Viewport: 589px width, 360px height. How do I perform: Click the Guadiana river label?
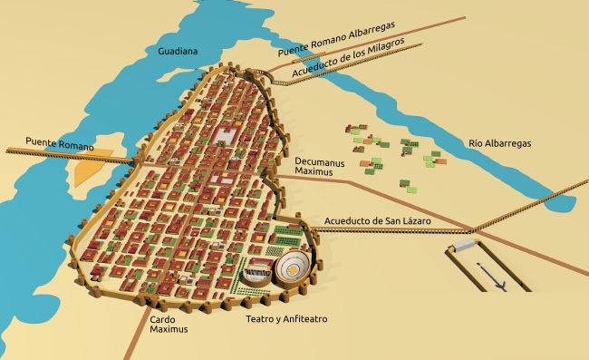point(177,51)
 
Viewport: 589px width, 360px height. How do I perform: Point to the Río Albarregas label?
point(499,143)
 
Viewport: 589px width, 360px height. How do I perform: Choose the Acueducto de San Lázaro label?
point(376,221)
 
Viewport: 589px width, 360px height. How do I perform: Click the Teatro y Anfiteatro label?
point(286,319)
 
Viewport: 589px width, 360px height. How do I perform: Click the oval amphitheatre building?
point(294,267)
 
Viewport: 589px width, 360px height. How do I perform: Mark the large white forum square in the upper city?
point(225,135)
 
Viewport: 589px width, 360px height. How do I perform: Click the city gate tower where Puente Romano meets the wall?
point(138,160)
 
